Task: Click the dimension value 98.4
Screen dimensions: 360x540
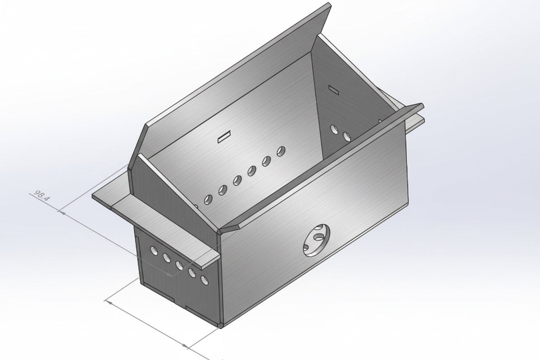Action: click(x=40, y=196)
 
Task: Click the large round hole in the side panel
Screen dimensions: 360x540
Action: click(x=317, y=240)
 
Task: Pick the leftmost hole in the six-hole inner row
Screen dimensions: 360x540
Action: click(x=208, y=200)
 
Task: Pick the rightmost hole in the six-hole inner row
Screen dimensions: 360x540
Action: click(x=281, y=151)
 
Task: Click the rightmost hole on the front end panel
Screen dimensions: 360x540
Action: click(x=205, y=280)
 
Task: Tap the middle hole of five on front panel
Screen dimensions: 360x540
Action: click(x=179, y=265)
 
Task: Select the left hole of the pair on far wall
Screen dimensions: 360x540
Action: click(x=334, y=129)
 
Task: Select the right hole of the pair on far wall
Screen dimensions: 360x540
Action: click(x=347, y=136)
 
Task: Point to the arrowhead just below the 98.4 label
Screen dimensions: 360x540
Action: click(x=62, y=212)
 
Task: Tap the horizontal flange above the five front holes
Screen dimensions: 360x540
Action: click(x=165, y=231)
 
